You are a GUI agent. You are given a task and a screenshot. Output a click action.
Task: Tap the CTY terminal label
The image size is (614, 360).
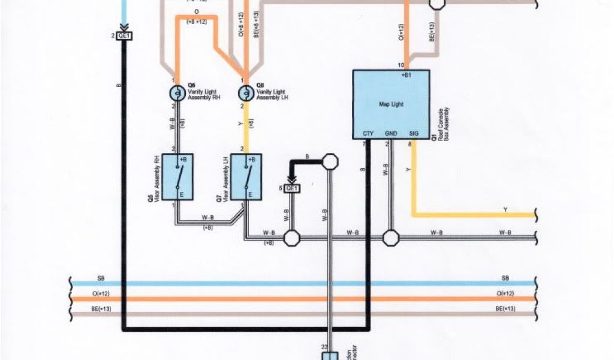tap(368, 133)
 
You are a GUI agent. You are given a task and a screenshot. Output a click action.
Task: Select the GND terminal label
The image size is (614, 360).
tap(391, 133)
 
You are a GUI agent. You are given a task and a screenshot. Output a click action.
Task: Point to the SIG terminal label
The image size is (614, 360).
tap(413, 133)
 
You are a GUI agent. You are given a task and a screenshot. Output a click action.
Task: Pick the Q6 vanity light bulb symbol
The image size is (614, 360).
tap(177, 93)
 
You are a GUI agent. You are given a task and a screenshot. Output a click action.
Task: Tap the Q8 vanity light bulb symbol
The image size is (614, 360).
tap(245, 93)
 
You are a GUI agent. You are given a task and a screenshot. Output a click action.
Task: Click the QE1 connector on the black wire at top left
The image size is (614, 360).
tap(125, 36)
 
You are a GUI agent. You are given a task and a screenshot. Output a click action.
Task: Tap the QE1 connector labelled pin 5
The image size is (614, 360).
tap(292, 188)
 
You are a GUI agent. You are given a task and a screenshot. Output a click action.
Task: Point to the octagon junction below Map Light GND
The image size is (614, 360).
tap(391, 238)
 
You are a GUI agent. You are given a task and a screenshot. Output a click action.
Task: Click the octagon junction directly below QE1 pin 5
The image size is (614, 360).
tap(292, 238)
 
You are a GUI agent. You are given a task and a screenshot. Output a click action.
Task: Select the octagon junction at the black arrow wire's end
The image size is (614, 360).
tap(329, 161)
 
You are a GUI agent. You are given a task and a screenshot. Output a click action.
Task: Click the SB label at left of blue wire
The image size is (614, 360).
tap(101, 278)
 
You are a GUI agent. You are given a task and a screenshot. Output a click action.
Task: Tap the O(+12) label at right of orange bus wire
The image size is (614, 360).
tap(505, 293)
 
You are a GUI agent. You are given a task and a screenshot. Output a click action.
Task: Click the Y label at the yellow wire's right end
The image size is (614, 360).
tap(505, 209)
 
